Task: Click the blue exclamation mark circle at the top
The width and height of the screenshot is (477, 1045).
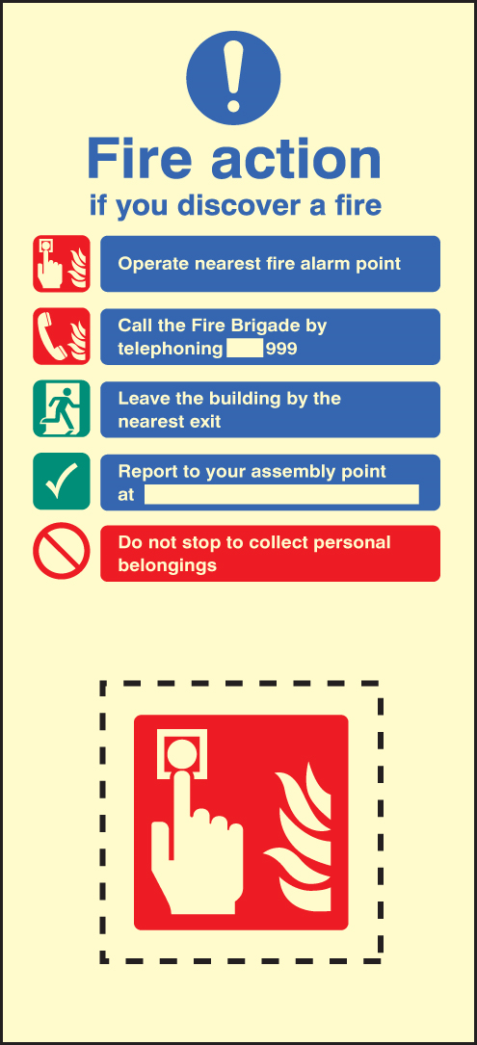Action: pos(233,78)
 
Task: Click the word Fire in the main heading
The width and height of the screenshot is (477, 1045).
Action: pos(142,159)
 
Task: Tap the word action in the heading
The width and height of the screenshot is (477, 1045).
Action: pos(296,159)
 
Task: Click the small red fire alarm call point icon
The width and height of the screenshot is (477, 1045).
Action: pos(62,264)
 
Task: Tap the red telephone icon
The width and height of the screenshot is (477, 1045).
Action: pos(62,336)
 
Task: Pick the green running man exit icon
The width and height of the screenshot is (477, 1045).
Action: pos(62,408)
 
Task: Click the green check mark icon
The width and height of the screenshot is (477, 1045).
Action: pos(62,482)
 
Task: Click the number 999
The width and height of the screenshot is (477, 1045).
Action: pos(281,349)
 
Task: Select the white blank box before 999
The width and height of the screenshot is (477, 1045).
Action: pos(245,349)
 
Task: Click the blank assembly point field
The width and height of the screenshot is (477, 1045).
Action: pos(281,494)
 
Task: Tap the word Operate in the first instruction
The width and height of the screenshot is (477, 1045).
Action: pos(154,264)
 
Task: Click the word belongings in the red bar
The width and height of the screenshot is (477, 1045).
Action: pos(168,565)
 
